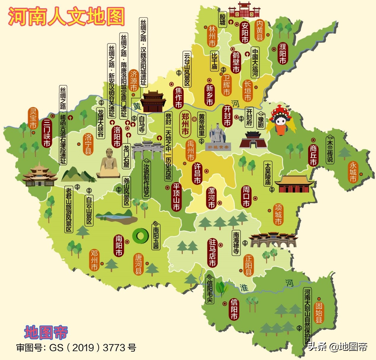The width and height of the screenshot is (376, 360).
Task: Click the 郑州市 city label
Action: click(x=185, y=124)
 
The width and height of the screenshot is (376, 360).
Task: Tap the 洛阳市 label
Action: click(x=117, y=137)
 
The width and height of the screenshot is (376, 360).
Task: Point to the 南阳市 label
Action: click(x=119, y=246)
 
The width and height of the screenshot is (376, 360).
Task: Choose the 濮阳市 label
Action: click(x=283, y=53)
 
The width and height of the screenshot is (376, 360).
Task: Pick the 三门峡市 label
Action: click(x=47, y=133)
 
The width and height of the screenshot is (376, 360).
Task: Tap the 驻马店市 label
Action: click(x=212, y=253)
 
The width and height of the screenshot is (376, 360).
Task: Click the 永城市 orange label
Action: click(x=353, y=172)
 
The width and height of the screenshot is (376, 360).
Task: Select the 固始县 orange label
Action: click(x=319, y=312)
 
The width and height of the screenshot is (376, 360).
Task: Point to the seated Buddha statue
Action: click(x=108, y=164)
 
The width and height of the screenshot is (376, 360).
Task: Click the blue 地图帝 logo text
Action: click(x=46, y=332)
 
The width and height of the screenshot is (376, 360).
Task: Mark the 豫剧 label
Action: click(x=261, y=121)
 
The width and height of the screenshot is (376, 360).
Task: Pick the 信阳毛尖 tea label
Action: click(x=210, y=289)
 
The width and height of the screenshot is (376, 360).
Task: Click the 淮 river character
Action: click(x=244, y=287)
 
